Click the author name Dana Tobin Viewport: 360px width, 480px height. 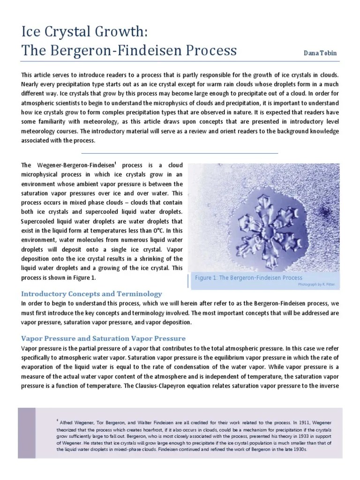pyautogui.click(x=320, y=53)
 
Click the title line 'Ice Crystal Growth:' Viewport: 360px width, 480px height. pyautogui.click(x=85, y=32)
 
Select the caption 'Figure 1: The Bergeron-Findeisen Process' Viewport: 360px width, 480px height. pyautogui.click(x=249, y=277)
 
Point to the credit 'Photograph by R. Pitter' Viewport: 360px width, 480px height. pyautogui.click(x=316, y=285)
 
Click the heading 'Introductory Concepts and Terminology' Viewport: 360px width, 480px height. pyautogui.click(x=91, y=294)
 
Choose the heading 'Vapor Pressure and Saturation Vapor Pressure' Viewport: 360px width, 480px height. pyautogui.click(x=103, y=338)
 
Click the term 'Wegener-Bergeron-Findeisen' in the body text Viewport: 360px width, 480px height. pyautogui.click(x=75, y=166)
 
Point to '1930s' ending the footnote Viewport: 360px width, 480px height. pyautogui.click(x=298, y=450)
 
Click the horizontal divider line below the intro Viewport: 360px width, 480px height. pyautogui.click(x=180, y=153)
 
